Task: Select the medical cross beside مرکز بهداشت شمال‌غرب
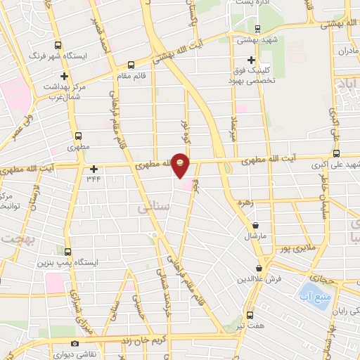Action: point(65,76)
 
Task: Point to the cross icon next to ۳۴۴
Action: point(94,169)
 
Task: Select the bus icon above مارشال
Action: point(255,225)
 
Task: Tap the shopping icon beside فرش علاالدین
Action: point(260,269)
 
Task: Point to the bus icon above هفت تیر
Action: point(250,316)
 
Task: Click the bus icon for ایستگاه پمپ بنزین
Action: point(68,251)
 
